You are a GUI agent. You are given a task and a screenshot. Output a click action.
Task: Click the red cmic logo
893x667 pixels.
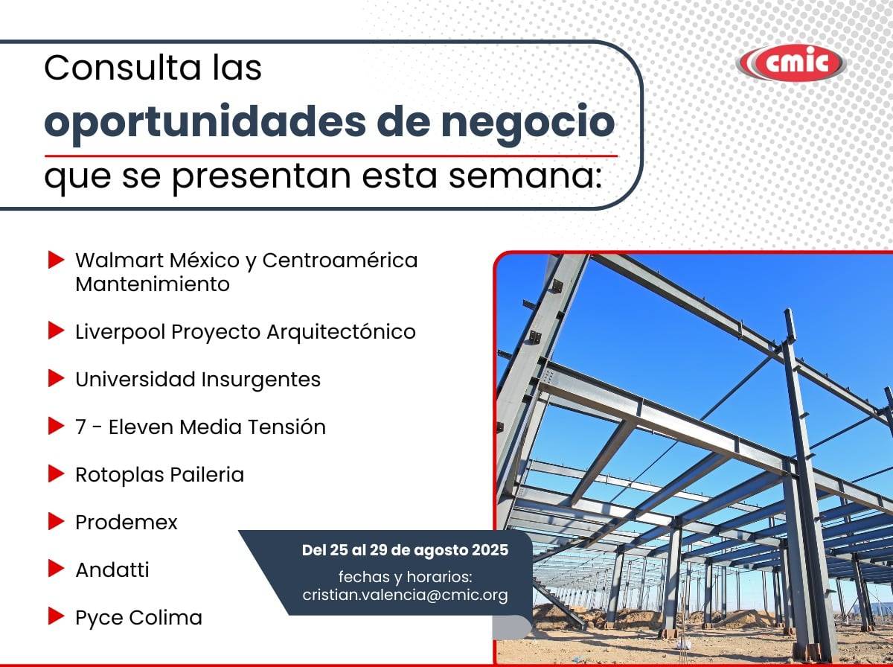pyautogui.click(x=791, y=63)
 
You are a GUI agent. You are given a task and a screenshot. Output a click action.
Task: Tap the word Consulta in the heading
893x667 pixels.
pyautogui.click(x=123, y=68)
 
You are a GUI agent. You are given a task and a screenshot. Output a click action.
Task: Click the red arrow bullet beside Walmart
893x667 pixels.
pyautogui.click(x=56, y=260)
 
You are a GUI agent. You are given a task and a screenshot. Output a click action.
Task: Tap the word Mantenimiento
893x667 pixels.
pyautogui.click(x=153, y=284)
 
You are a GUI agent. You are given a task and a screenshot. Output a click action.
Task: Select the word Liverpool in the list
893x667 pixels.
pyautogui.click(x=121, y=332)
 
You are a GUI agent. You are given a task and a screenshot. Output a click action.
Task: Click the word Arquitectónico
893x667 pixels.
pyautogui.click(x=342, y=332)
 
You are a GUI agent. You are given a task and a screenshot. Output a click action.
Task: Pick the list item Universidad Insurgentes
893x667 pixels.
pyautogui.click(x=198, y=380)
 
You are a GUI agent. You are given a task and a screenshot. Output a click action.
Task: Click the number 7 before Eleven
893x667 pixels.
pyautogui.click(x=80, y=427)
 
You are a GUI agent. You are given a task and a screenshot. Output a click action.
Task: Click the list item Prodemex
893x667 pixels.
pyautogui.click(x=127, y=523)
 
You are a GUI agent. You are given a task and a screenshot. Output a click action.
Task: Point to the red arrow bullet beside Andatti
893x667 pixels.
pyautogui.click(x=56, y=569)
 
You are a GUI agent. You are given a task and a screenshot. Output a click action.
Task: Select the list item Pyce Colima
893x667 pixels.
pyautogui.click(x=138, y=618)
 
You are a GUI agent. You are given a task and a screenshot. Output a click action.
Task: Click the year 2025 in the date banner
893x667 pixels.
pyautogui.click(x=490, y=550)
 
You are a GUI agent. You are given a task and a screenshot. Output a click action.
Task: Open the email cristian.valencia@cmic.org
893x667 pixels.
pyautogui.click(x=406, y=595)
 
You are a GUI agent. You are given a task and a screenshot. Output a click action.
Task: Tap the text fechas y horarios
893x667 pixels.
pyautogui.click(x=406, y=577)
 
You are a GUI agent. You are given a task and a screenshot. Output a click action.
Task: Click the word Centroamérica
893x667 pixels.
pyautogui.click(x=340, y=260)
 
